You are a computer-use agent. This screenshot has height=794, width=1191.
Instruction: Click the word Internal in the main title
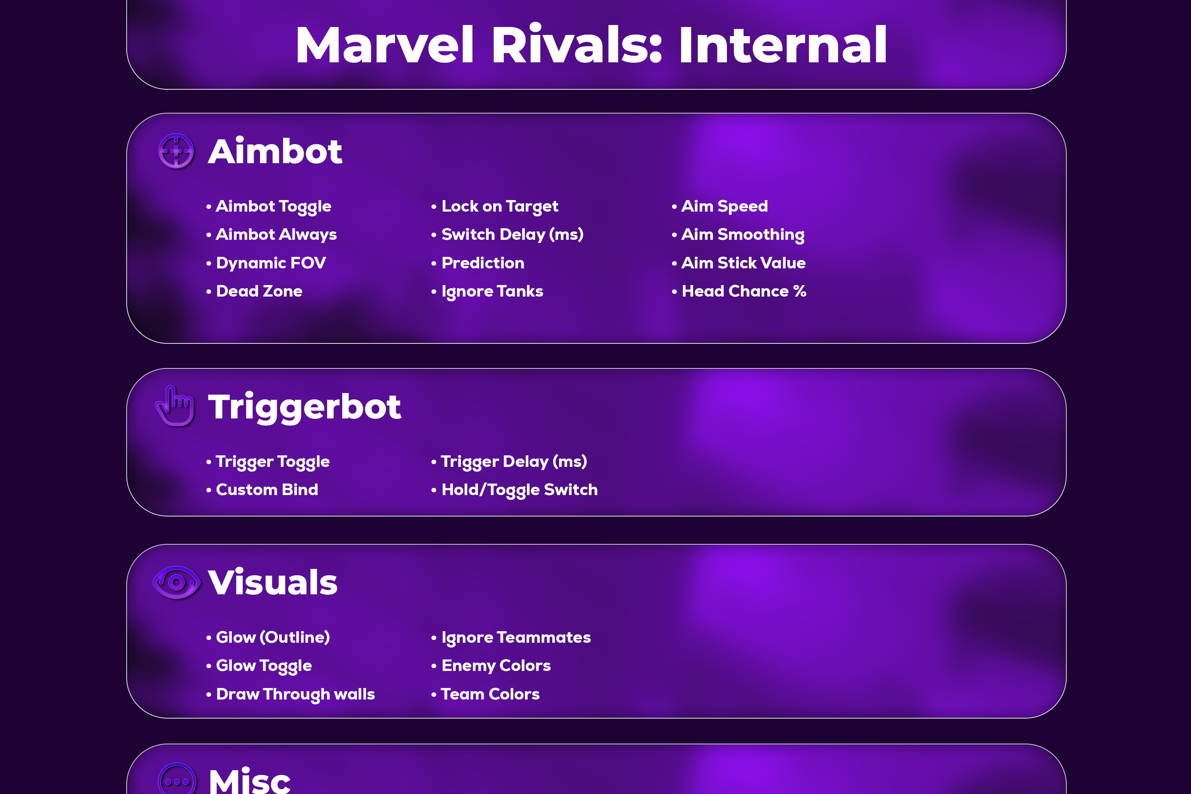coord(783,45)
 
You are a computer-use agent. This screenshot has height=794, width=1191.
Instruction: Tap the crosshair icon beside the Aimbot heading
coord(176,151)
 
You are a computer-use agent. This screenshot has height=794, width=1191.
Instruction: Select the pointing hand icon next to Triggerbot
coord(175,406)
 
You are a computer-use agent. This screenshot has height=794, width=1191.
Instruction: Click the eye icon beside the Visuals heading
coord(177,582)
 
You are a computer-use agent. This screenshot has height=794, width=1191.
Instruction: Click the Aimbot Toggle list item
coord(274,206)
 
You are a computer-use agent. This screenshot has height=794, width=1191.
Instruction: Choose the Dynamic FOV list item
coord(271,263)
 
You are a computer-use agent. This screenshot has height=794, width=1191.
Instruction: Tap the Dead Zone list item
coord(259,291)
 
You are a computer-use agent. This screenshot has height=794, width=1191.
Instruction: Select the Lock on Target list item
coord(500,206)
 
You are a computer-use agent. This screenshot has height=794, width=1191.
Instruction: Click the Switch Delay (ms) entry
coord(513,235)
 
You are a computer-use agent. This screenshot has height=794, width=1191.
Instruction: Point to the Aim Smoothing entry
coord(743,235)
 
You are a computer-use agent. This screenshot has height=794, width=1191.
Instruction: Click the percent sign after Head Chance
coord(800,291)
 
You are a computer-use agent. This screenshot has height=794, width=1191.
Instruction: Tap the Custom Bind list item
coord(267,490)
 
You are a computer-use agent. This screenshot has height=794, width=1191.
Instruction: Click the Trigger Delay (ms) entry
coord(514,462)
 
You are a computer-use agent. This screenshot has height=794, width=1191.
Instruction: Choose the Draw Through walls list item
coord(295,694)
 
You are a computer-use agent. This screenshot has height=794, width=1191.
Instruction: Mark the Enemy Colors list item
coord(496,666)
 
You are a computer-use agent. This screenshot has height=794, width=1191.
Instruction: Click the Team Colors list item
coord(490,694)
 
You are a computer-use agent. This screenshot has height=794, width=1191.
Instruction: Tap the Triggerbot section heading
coord(304,407)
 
